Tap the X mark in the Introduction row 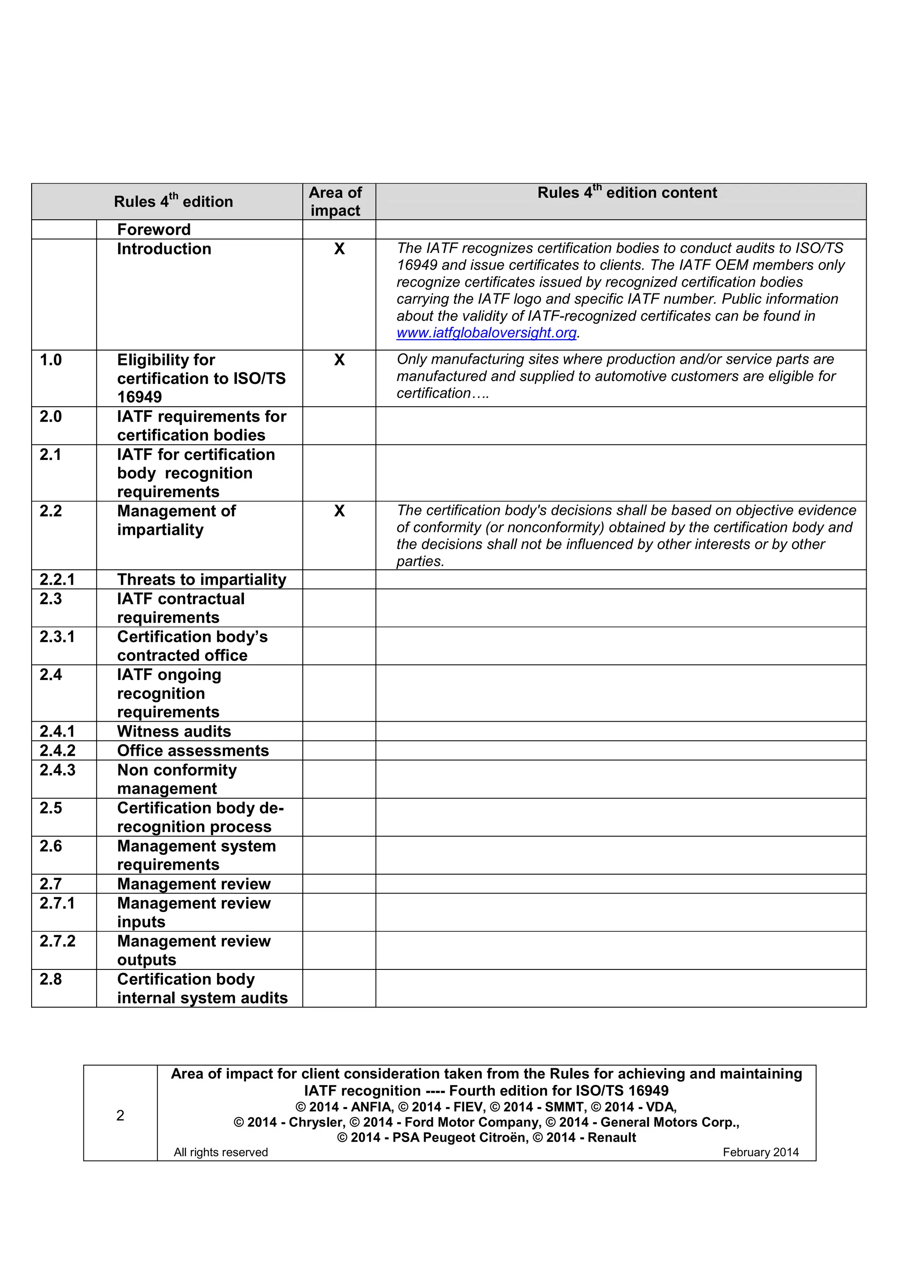coord(339,249)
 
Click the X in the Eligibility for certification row coord(339,360)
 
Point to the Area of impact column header coord(335,201)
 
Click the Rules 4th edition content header coord(627,192)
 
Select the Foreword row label coord(154,230)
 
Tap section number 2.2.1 coord(57,579)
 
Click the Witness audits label coord(174,731)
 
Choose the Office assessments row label coord(192,751)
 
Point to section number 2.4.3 coord(57,770)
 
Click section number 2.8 coord(51,979)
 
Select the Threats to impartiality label coord(201,579)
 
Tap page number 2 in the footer coord(120,1116)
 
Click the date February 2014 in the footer coord(760,1152)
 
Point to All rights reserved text coord(221,1152)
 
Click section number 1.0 coord(51,360)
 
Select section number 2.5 coord(51,808)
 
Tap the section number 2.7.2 coord(57,941)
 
